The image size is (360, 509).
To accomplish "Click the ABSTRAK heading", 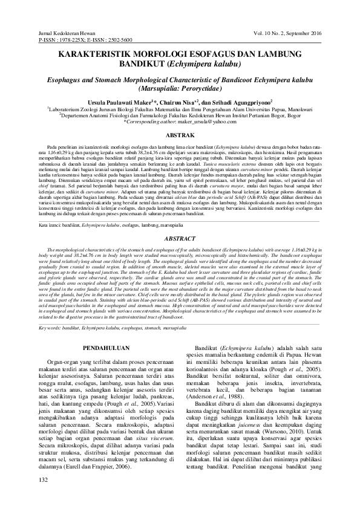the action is click(x=180, y=137).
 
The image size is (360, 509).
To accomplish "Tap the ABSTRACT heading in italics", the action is click(x=180, y=222).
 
